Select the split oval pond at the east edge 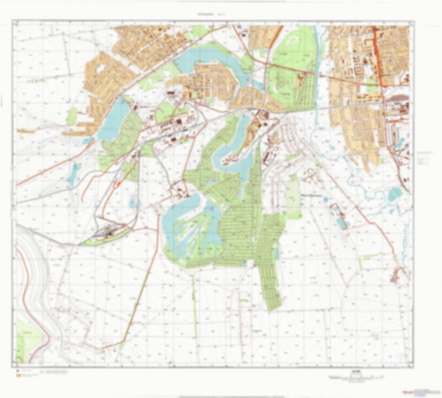coord(395,194)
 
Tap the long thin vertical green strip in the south coord(194,306)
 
